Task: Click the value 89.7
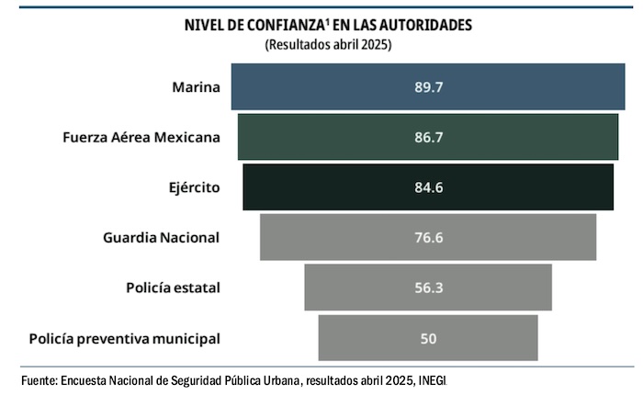pos(428,87)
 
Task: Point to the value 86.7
pos(428,138)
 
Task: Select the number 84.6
pos(428,187)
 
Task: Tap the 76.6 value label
pos(428,237)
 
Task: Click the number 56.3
pos(428,288)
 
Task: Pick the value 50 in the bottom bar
pos(428,338)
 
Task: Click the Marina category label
pos(196,87)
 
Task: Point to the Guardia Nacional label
pos(161,237)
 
